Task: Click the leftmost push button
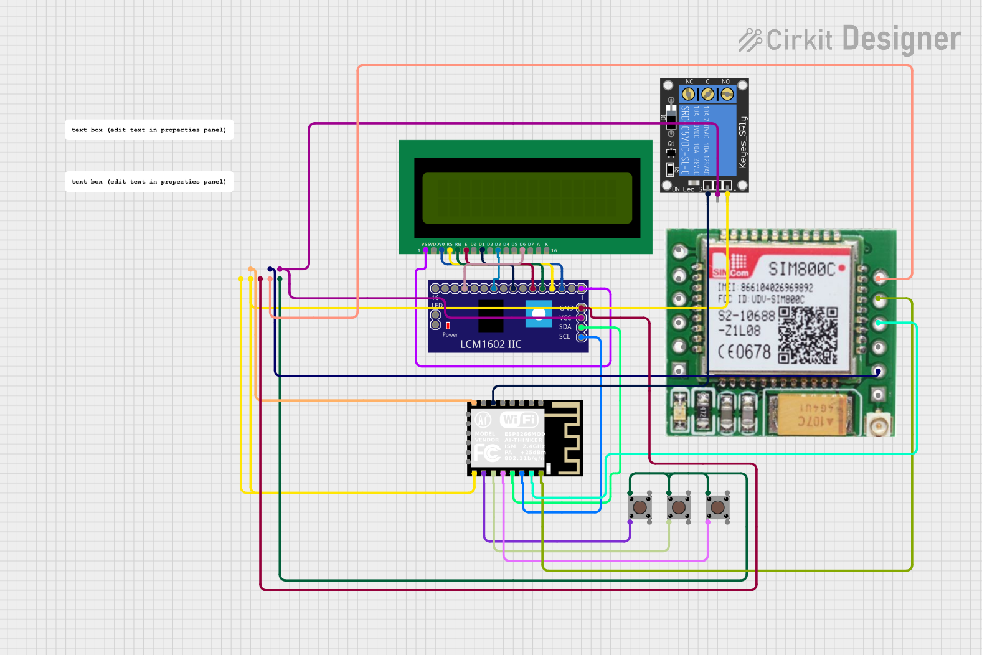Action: tap(640, 507)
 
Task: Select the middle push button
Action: tap(679, 507)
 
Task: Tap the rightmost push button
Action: tap(717, 507)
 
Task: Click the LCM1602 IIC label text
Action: tap(491, 344)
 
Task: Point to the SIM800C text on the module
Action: tap(801, 269)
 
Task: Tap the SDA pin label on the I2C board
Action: tap(565, 327)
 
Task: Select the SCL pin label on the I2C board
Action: tap(564, 337)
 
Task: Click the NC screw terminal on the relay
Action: tap(688, 94)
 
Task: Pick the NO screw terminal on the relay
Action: tap(727, 94)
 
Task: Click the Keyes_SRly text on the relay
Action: tap(742, 142)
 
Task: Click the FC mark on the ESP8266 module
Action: tap(487, 453)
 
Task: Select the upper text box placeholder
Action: tap(149, 130)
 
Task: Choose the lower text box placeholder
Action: tap(149, 182)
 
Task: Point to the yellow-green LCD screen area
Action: tap(527, 198)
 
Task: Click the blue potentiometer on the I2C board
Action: tap(539, 313)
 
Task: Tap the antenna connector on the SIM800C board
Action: tap(879, 426)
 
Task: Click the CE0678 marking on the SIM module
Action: tap(745, 352)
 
